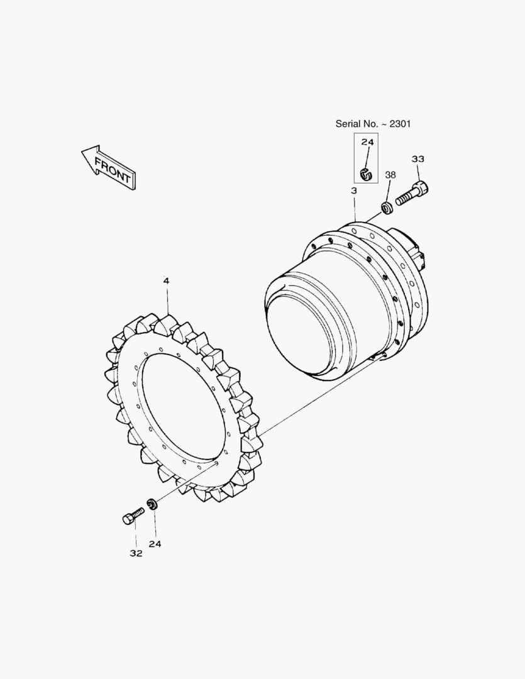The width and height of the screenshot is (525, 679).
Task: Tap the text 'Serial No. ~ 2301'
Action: click(373, 124)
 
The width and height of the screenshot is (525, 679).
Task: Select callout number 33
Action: click(417, 159)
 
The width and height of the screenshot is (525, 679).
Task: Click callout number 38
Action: click(390, 175)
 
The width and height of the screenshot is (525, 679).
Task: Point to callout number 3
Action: click(354, 190)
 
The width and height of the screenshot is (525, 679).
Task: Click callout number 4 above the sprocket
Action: click(167, 280)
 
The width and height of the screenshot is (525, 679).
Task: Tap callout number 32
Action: click(136, 553)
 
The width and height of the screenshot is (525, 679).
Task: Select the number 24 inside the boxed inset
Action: click(367, 142)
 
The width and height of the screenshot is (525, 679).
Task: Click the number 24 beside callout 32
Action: click(155, 544)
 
